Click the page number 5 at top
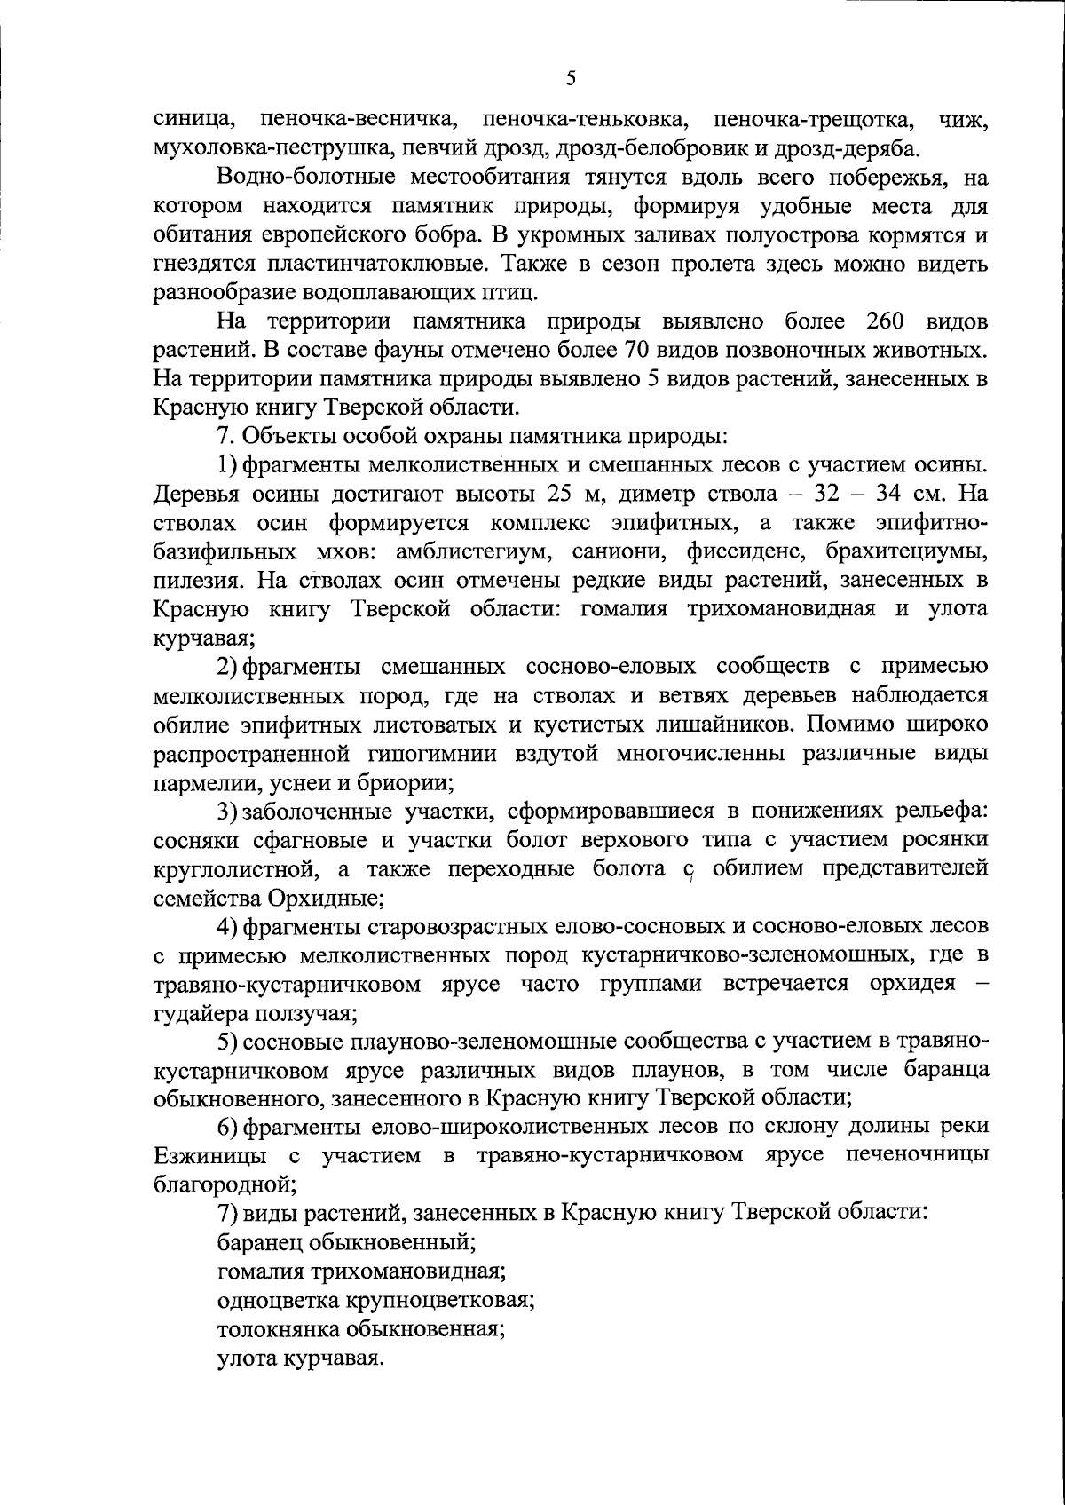pyautogui.click(x=571, y=79)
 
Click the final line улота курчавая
pyautogui.click(x=301, y=1358)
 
